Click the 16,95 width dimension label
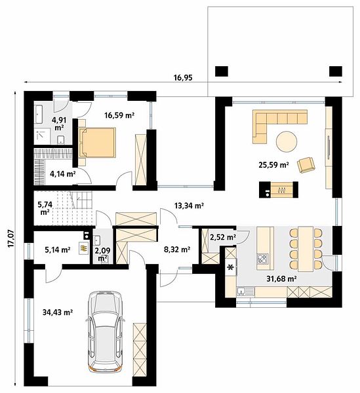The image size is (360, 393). click(183, 78)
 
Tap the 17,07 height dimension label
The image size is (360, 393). click(10, 239)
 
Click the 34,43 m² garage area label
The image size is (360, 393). click(58, 312)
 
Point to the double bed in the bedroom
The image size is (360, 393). click(97, 142)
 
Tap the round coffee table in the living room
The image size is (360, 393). click(287, 141)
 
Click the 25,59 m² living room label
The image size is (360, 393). click(273, 165)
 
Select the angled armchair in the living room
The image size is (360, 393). click(306, 164)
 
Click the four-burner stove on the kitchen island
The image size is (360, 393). click(263, 259)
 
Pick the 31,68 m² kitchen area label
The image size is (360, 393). click(282, 278)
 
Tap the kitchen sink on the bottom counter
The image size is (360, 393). click(246, 291)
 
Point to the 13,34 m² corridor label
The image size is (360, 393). click(189, 206)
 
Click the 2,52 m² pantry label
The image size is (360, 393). click(223, 237)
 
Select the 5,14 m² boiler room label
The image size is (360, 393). click(58, 250)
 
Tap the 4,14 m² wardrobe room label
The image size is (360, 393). click(63, 174)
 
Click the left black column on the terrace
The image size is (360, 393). click(222, 71)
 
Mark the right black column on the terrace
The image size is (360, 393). click(336, 71)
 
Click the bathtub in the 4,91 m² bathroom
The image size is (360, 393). click(39, 114)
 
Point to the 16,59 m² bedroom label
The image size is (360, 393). click(119, 115)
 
